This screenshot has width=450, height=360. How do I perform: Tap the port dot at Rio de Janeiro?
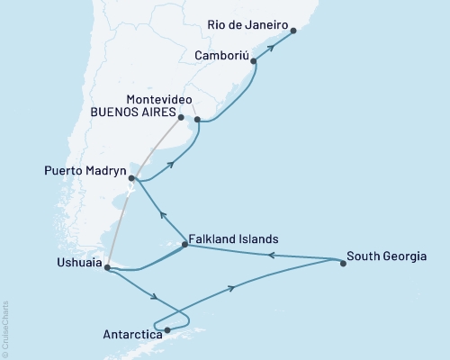point(294,31)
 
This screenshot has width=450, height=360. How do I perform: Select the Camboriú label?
point(220,55)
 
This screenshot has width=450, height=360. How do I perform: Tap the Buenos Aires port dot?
point(181,117)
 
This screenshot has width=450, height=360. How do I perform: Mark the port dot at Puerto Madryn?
point(132,178)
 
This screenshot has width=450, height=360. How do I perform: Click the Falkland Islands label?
point(234,239)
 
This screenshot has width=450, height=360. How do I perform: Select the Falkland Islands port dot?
point(184,244)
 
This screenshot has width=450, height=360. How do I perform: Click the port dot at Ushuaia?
point(106,267)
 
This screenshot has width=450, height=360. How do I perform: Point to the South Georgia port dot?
point(343,264)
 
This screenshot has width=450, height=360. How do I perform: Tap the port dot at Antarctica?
point(167,329)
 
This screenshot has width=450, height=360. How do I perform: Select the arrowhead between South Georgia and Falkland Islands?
point(271,255)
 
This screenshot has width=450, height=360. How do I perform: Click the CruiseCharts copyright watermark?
point(5,328)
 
